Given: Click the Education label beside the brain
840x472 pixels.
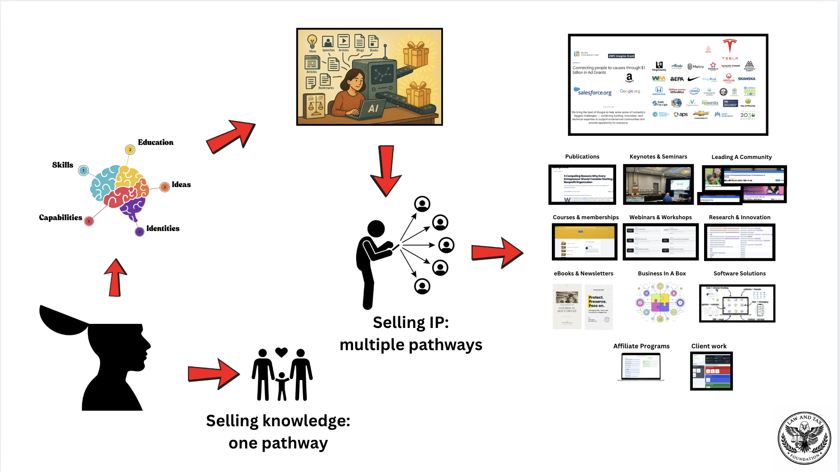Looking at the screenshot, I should (x=155, y=142).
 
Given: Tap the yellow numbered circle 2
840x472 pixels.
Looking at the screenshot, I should (x=130, y=149).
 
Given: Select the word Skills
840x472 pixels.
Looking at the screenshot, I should (x=63, y=165).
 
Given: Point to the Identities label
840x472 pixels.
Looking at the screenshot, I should (x=163, y=228).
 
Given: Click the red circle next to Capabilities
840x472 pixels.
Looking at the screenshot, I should (x=89, y=221).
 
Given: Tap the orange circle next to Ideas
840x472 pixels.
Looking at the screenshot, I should (x=165, y=187).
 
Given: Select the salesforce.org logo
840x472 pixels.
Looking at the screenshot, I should (x=593, y=92).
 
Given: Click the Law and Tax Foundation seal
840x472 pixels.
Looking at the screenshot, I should (x=804, y=438).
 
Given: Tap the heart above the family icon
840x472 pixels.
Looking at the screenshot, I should (x=281, y=352).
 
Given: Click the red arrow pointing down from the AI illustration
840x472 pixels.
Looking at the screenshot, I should (x=386, y=170).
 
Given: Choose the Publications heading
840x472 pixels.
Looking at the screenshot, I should (x=582, y=157).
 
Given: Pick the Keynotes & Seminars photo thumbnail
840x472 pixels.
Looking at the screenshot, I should (x=658, y=184).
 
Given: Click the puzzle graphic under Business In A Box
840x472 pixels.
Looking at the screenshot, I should (x=660, y=302).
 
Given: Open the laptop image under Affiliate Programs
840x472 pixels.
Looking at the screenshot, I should (x=641, y=366).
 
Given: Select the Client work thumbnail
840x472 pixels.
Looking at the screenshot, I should (x=711, y=371).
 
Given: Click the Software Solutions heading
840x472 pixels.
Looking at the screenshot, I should (x=739, y=274).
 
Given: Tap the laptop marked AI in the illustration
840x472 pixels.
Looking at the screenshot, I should (x=372, y=108).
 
